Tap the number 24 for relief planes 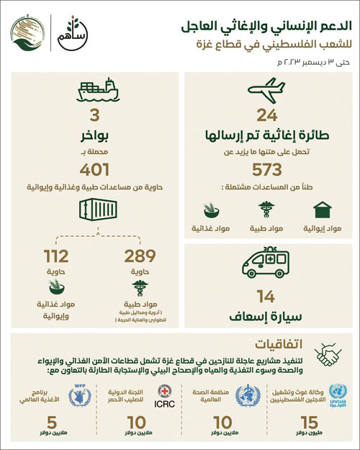click(x=266, y=114)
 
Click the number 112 click(x=55, y=256)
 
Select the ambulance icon click(x=266, y=263)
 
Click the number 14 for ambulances click(x=266, y=294)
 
